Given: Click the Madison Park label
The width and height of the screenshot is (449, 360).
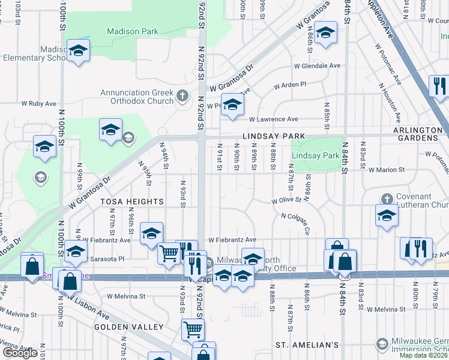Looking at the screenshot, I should pyautogui.click(x=132, y=31).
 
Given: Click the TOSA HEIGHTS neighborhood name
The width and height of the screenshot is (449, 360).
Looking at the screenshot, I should pyautogui.click(x=132, y=202).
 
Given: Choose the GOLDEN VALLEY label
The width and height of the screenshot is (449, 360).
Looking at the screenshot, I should pyautogui.click(x=128, y=327).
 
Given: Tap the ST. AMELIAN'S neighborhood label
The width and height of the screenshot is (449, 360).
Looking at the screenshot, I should pyautogui.click(x=307, y=345).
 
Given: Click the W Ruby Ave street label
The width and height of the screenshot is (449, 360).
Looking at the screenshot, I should pyautogui.click(x=39, y=103).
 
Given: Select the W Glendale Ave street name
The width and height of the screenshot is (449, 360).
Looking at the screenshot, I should pyautogui.click(x=317, y=66).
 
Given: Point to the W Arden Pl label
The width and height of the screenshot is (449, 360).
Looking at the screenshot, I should pyautogui.click(x=290, y=85).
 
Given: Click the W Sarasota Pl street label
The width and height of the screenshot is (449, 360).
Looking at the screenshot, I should pyautogui.click(x=103, y=259).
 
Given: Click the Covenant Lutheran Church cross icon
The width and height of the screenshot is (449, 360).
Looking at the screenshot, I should pyautogui.click(x=387, y=198).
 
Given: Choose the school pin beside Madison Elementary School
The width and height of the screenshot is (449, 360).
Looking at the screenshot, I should pyautogui.click(x=78, y=52).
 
